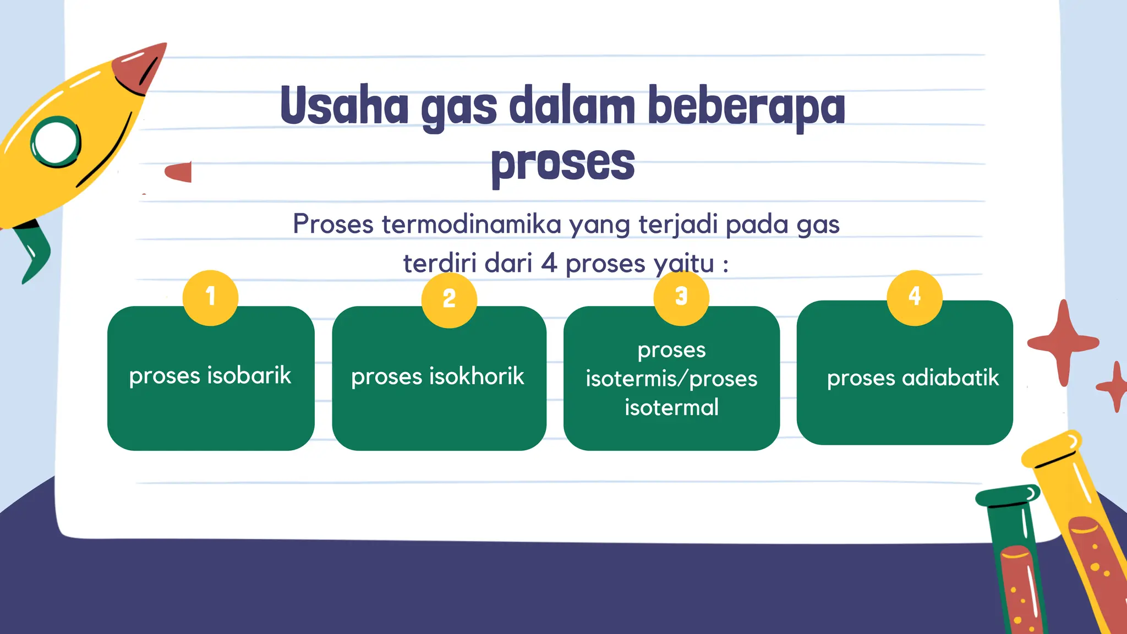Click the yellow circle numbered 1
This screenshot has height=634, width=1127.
(210, 298)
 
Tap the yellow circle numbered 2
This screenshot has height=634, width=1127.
(449, 300)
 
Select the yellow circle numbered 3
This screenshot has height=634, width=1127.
(681, 298)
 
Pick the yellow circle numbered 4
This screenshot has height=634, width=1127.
(915, 298)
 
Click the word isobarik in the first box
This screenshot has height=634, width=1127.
(249, 376)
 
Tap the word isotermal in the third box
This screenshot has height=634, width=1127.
(671, 408)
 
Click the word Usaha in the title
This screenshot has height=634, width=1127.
(344, 106)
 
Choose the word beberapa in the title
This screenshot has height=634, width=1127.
(746, 107)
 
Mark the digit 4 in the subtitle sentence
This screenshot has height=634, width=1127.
(549, 263)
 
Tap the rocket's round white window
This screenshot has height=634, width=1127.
(56, 142)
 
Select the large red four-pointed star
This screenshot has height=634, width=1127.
(1063, 343)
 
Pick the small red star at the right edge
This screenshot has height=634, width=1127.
(1116, 386)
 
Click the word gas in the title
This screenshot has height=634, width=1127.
(459, 108)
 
